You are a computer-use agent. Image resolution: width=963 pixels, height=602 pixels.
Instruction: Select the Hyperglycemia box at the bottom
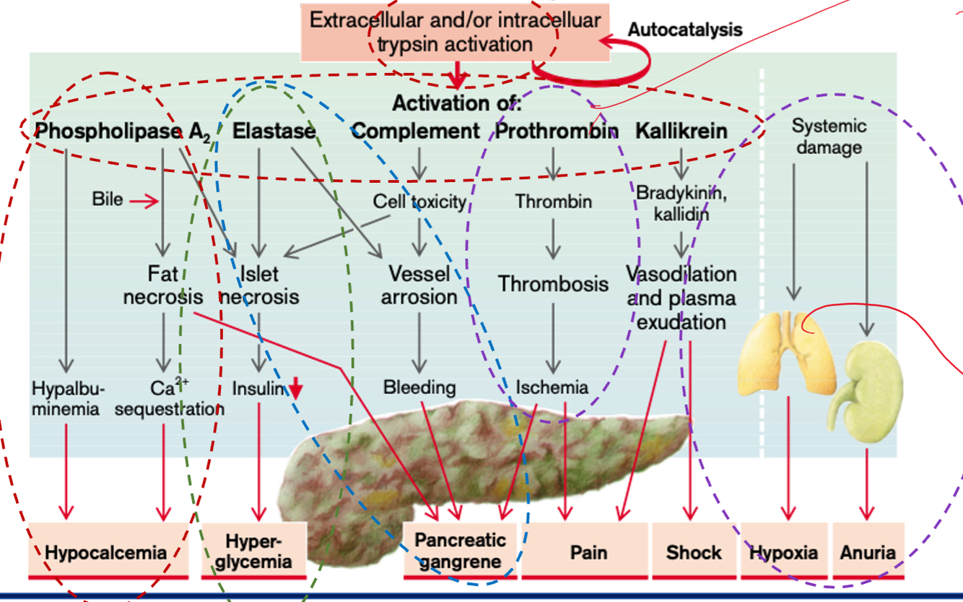(x=253, y=551)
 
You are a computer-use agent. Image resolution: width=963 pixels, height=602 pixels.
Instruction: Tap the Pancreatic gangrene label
(x=460, y=551)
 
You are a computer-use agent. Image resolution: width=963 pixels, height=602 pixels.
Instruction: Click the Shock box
(x=694, y=552)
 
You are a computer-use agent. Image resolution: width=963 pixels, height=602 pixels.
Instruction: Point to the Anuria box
(x=868, y=552)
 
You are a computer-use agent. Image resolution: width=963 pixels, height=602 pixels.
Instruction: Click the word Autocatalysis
(x=684, y=30)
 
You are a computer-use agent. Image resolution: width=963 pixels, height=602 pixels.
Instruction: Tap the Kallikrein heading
(x=681, y=132)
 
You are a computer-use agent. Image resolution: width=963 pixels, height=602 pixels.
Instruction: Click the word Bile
(x=108, y=199)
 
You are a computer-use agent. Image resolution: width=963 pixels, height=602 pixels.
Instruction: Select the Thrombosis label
(x=553, y=283)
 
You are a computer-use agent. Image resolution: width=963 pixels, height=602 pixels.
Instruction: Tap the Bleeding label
(x=419, y=387)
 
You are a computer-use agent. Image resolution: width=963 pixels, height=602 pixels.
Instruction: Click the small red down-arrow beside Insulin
(x=296, y=390)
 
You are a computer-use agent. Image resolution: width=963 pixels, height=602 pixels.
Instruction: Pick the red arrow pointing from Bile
(x=144, y=202)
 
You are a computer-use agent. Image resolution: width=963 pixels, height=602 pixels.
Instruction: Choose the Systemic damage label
(x=829, y=137)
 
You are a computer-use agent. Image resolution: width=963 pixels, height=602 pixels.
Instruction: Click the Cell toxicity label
(x=419, y=202)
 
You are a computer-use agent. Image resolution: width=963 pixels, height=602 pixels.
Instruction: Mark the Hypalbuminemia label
(x=66, y=398)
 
